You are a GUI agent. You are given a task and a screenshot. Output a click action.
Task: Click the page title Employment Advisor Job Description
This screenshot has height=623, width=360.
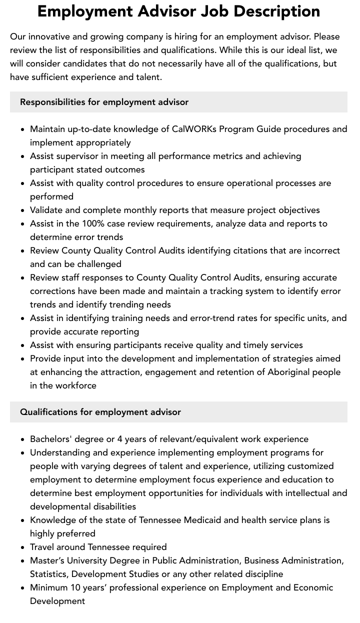(x=179, y=11)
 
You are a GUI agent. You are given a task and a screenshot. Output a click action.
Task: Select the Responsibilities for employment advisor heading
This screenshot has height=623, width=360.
(x=104, y=102)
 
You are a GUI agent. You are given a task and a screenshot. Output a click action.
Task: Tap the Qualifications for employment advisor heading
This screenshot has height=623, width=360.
(x=100, y=412)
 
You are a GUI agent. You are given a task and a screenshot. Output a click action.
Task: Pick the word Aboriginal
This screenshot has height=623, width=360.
(x=292, y=372)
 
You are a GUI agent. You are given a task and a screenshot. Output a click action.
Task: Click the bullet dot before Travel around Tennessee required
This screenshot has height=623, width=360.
(x=23, y=547)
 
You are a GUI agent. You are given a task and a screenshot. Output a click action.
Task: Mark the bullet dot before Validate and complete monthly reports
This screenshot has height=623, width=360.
(x=23, y=210)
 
